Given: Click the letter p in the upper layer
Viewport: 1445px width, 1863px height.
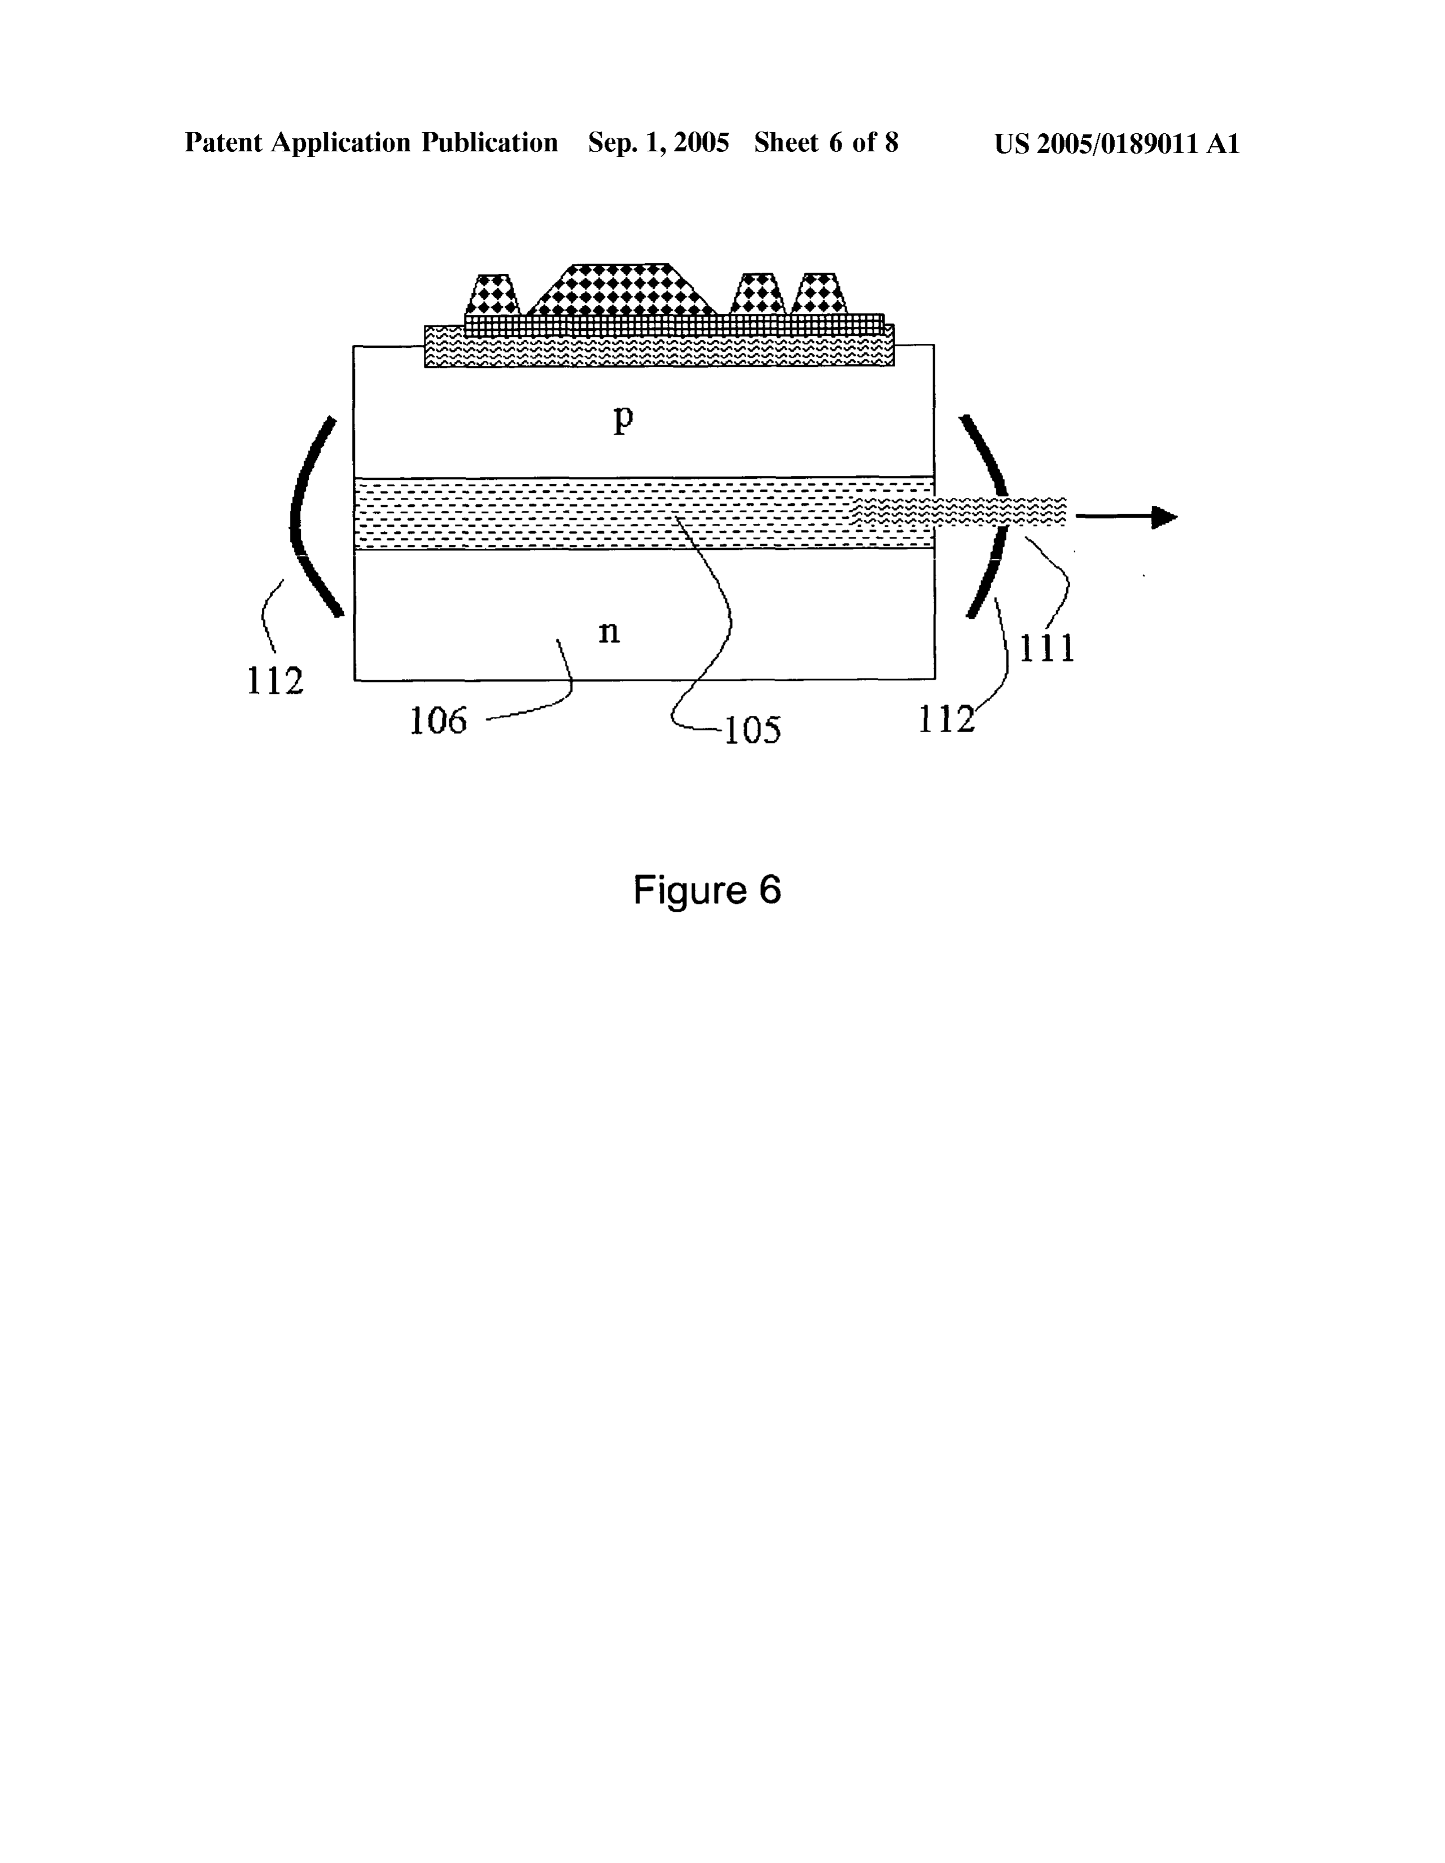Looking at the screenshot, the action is (624, 419).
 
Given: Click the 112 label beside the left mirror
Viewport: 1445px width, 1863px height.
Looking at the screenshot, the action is (275, 681).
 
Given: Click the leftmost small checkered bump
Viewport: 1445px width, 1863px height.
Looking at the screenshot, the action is (493, 294).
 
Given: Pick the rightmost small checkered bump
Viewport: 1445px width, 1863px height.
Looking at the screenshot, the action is (820, 294).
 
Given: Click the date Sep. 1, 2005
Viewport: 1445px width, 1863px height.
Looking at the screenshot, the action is (659, 142).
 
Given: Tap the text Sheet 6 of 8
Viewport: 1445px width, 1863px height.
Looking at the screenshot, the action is (826, 142).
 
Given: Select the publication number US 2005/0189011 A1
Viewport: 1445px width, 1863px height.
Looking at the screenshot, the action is (1116, 143).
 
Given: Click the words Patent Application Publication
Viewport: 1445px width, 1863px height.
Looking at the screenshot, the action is (371, 142).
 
